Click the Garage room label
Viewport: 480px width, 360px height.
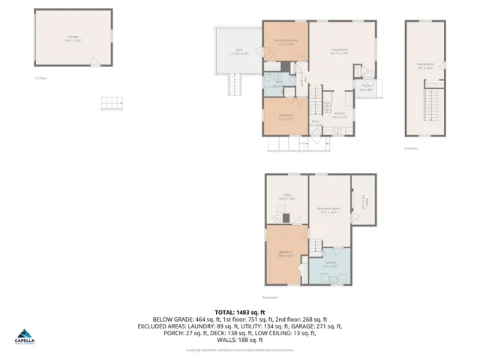pos(73,37)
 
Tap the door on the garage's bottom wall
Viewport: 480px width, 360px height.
pos(92,61)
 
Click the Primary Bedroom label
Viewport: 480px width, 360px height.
pos(285,42)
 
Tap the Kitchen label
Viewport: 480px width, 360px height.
pos(340,115)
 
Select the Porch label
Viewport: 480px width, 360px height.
pos(367,87)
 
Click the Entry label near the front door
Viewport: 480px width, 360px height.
pos(316,123)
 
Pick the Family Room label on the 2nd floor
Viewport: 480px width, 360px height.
pos(425,64)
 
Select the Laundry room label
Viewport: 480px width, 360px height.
pos(329,264)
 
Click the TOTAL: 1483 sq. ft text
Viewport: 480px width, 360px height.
pos(239,311)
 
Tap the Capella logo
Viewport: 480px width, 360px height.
pos(25,335)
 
